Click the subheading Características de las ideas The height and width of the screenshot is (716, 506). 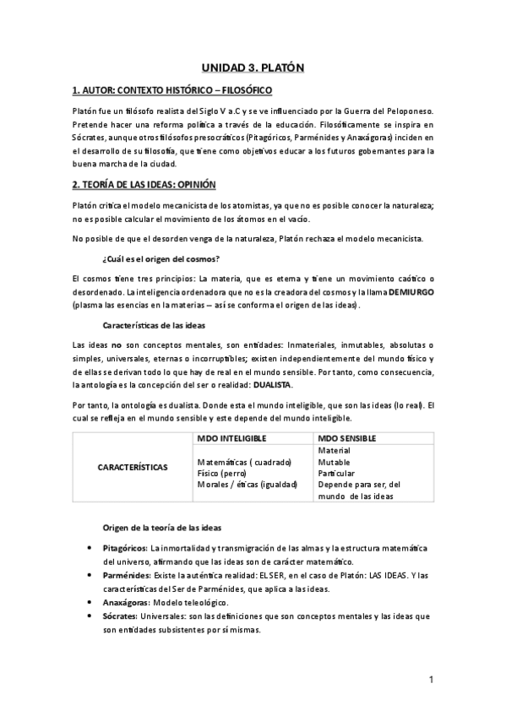pyautogui.click(x=158, y=324)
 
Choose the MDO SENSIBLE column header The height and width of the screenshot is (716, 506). pyautogui.click(x=346, y=439)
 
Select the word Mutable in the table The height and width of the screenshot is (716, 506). pyautogui.click(x=335, y=462)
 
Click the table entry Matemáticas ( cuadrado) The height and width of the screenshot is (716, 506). pyautogui.click(x=243, y=463)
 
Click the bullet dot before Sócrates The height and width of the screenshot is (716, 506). pyautogui.click(x=90, y=616)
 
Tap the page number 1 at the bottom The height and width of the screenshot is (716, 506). pyautogui.click(x=431, y=679)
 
